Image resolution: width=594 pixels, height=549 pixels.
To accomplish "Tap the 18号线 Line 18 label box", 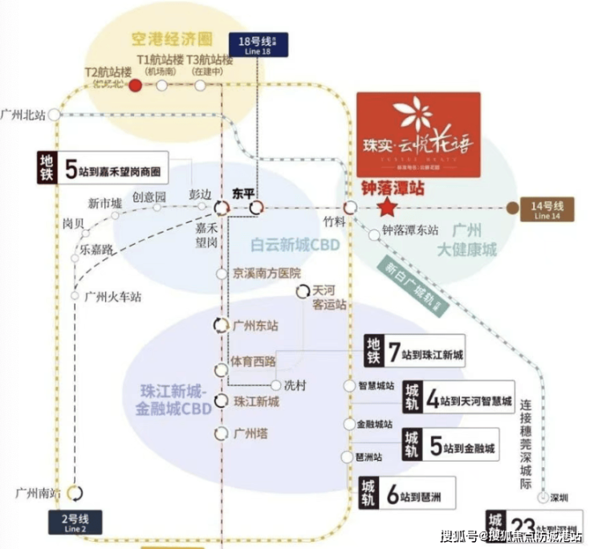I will point(257,43).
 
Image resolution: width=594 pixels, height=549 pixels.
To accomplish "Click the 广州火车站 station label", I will point(112,296).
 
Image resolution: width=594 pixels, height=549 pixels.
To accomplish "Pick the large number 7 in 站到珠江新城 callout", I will point(393,352).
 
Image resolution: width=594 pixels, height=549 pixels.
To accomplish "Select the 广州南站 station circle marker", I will point(75,492).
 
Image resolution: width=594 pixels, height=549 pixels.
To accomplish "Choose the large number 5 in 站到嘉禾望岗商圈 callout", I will point(71,169).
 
